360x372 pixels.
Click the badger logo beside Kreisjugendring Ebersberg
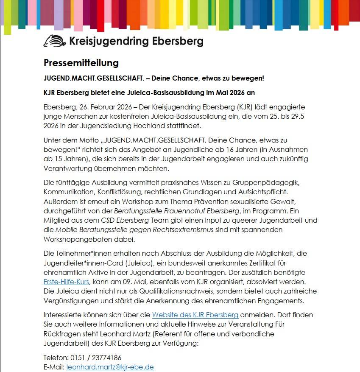click(54, 41)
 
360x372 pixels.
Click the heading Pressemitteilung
click(81, 63)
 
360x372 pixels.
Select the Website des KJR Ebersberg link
click(195, 315)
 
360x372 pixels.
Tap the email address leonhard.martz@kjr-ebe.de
click(110, 367)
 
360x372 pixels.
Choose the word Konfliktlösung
click(113, 192)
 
